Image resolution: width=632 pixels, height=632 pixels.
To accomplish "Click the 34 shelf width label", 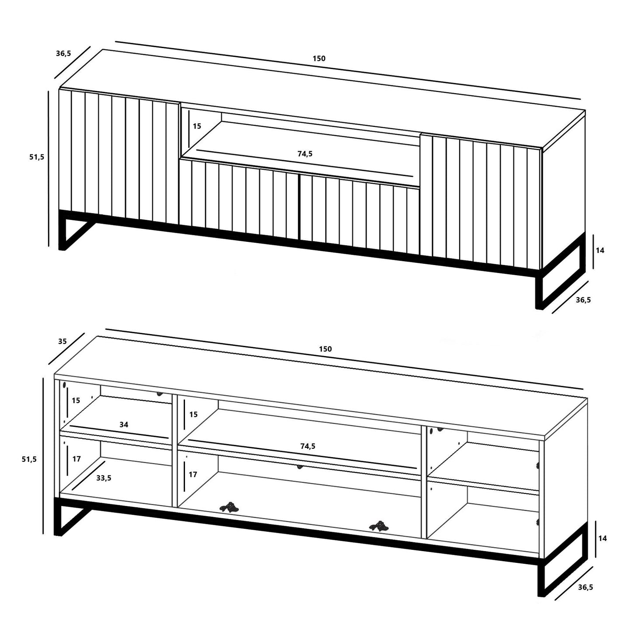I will [124, 425].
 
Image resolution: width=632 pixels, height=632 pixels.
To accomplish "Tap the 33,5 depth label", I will [104, 478].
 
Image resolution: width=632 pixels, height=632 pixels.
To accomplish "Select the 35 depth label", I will [63, 341].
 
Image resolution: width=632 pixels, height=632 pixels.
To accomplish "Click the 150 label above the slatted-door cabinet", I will [319, 59].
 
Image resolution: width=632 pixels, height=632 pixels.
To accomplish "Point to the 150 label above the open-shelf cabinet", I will [325, 349].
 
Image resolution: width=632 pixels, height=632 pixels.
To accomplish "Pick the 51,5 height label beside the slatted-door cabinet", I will [37, 157].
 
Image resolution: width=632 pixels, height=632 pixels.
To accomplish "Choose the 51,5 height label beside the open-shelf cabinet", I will [29, 459].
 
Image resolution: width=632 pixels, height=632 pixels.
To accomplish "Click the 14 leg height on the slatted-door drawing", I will [600, 251].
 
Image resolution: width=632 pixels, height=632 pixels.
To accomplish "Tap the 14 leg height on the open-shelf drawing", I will [602, 538].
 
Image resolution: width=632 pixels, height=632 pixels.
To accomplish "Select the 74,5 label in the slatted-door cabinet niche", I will [305, 154].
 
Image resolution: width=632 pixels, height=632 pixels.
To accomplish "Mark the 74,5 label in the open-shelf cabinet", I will [307, 446].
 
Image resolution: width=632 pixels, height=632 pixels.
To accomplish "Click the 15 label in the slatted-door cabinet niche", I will [197, 126].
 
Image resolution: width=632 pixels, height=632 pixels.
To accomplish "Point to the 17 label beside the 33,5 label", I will [77, 459].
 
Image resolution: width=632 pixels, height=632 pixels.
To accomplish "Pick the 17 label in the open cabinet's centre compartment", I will [193, 475].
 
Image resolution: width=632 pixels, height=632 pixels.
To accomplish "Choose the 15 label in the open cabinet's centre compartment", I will [193, 414].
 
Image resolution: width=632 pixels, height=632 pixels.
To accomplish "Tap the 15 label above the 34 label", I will [76, 400].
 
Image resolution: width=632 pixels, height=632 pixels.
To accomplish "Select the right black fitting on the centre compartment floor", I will [379, 526].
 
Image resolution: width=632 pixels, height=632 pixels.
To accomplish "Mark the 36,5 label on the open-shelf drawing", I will [585, 587].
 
